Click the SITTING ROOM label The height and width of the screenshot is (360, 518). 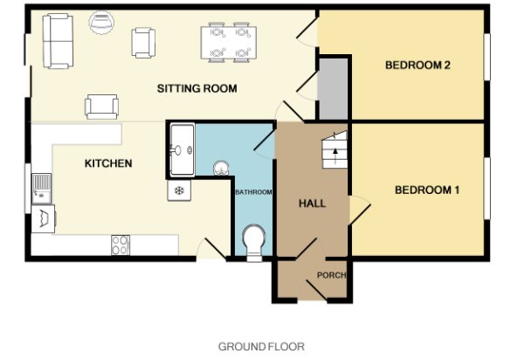coord(197,88)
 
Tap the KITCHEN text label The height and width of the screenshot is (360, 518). coord(108,163)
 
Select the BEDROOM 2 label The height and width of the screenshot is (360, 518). coord(418,66)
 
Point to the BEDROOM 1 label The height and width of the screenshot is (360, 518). coord(427,190)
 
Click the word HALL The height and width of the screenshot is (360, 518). coord(312,204)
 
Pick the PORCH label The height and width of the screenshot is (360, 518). coord(331,275)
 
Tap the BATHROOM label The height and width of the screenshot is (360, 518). coord(253,192)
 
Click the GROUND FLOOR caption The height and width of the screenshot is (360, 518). coord(261,347)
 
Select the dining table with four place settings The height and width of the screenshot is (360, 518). coord(229,42)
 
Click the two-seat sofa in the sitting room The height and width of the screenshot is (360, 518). coord(59,41)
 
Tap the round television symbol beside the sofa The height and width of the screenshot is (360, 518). coord(101,22)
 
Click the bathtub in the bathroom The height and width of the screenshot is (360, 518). coord(182,149)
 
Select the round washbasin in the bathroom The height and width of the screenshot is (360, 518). coord(221,168)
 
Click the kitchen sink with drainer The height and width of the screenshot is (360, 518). coord(42,189)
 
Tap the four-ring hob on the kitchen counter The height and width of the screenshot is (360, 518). coord(121,245)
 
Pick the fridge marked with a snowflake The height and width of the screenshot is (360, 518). coord(179,190)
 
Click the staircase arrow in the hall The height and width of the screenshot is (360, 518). coord(335,156)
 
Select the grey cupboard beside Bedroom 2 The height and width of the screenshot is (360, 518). coord(333,89)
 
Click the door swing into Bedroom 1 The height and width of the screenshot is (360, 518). coord(360,210)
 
